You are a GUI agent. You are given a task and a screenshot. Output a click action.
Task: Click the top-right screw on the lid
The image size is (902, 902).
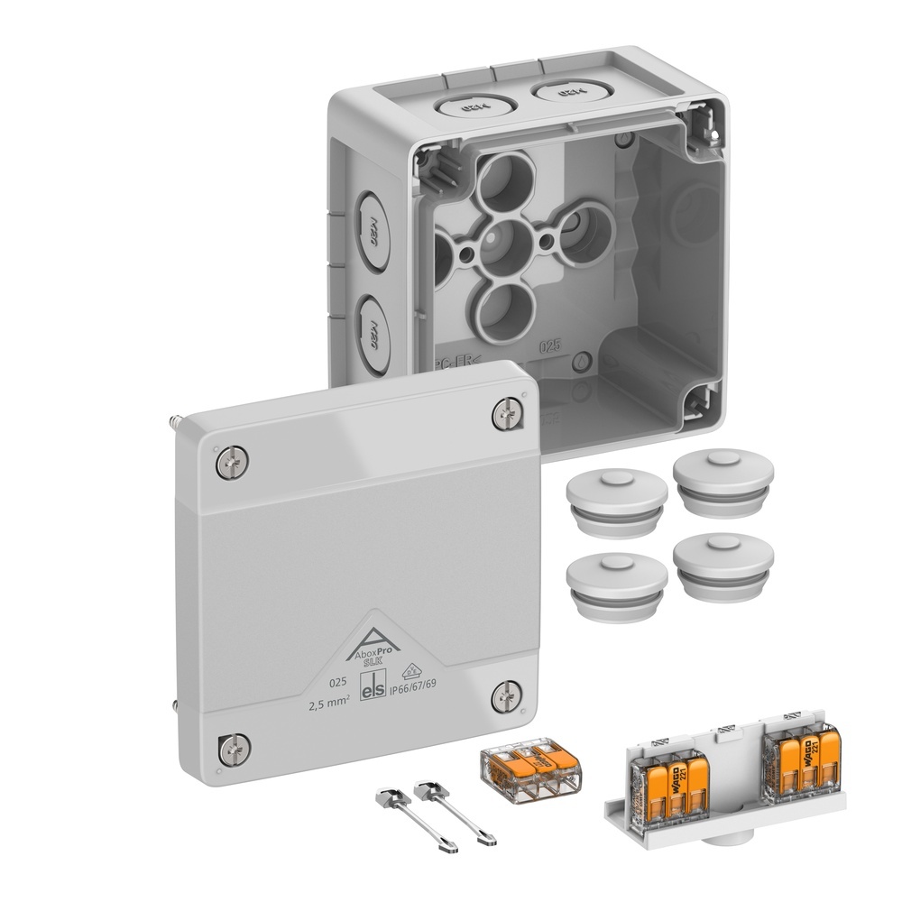(508, 415)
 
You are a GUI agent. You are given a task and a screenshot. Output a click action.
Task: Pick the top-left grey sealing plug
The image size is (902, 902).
(617, 496)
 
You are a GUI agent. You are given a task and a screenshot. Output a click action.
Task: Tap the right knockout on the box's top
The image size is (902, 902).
(563, 91)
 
